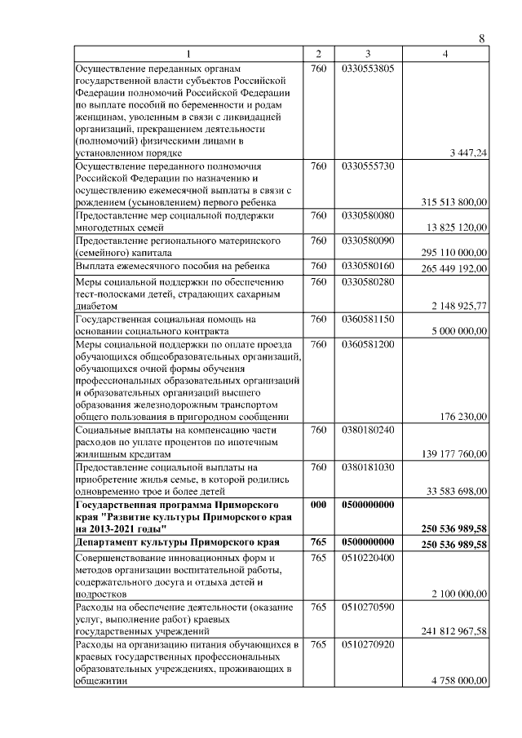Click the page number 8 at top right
[481, 38]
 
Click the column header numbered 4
[445, 54]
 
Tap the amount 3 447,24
[468, 152]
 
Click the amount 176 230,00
[463, 416]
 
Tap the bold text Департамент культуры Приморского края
[177, 542]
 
